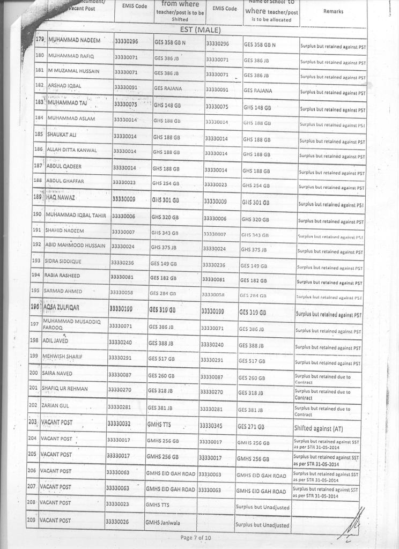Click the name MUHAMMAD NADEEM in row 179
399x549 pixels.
point(74,41)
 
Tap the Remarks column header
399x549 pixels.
point(333,11)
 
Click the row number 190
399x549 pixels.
point(38,214)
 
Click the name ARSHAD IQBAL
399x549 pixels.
point(63,86)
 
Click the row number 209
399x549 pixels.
point(32,520)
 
